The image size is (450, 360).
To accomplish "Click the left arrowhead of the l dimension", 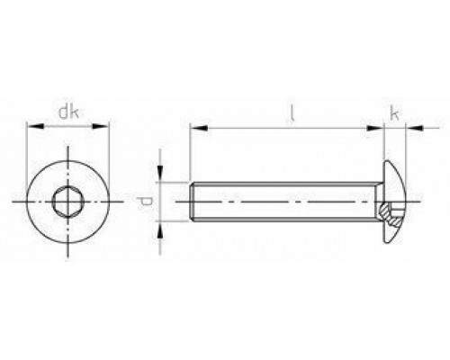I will point(194,129).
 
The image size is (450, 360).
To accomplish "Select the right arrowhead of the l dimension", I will point(379,129).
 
